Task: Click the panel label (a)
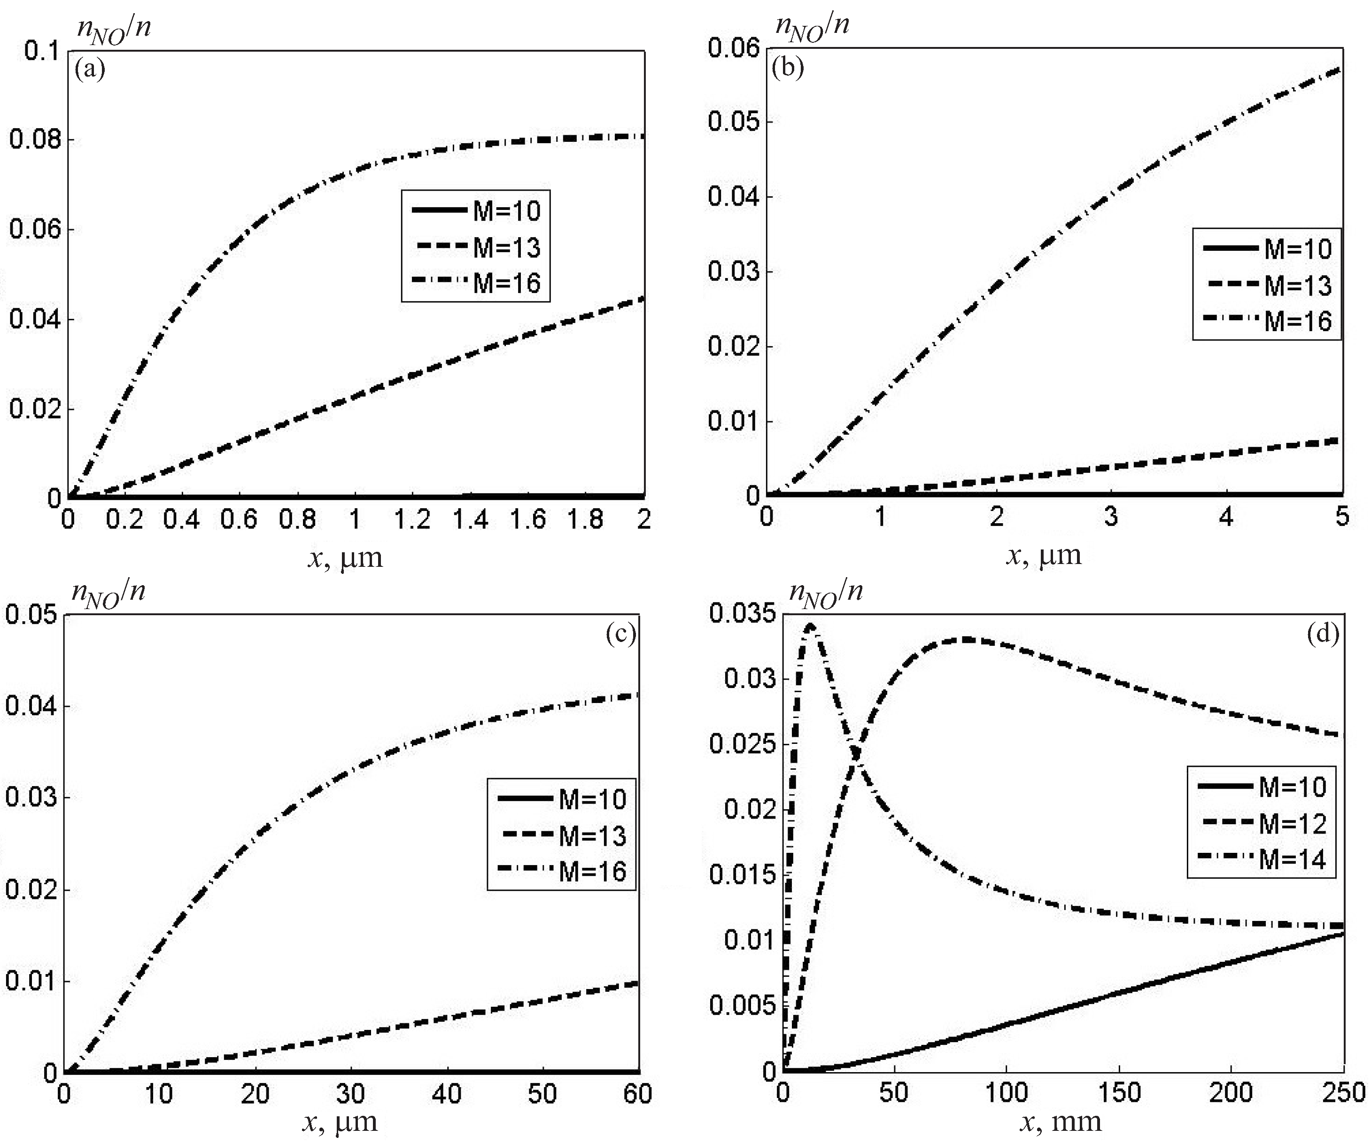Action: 90,69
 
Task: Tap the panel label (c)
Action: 620,633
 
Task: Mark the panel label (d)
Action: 1323,633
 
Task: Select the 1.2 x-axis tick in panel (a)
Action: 412,519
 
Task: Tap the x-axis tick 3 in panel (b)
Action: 1111,517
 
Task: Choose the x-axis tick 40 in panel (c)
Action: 447,1094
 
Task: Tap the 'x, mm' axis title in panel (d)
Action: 1061,1122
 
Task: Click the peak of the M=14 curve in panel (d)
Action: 810,625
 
